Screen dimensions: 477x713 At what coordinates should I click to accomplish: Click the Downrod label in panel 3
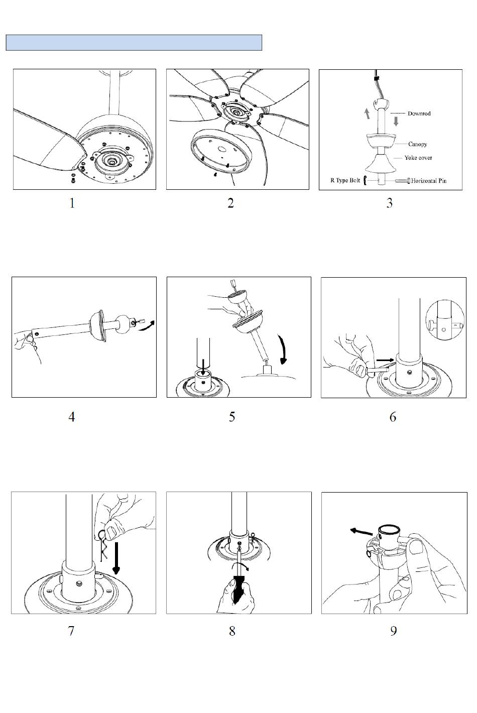tap(419, 113)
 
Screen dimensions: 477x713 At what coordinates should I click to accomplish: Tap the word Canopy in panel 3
tap(417, 144)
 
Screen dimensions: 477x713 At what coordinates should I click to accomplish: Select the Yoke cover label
tap(418, 158)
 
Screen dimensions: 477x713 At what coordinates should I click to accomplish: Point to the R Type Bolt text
tap(345, 180)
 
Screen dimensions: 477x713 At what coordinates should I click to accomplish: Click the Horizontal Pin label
tap(429, 181)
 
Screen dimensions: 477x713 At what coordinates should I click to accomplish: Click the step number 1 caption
tap(72, 203)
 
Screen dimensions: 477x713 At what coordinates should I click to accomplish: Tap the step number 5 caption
tap(232, 417)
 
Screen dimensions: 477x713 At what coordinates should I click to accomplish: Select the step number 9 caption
tap(393, 631)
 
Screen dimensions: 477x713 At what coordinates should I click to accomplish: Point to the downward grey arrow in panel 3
tap(396, 121)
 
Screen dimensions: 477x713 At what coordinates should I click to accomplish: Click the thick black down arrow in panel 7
tap(116, 558)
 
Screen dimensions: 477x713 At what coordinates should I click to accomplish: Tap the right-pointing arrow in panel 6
tap(385, 360)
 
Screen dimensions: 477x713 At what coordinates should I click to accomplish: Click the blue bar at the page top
tap(134, 43)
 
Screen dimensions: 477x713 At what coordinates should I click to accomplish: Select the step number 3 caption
tap(389, 203)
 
